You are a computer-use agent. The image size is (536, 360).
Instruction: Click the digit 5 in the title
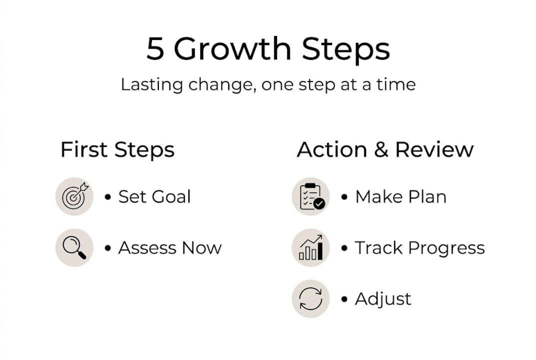pyautogui.click(x=155, y=48)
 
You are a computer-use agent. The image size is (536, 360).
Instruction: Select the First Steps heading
pyautogui.click(x=117, y=150)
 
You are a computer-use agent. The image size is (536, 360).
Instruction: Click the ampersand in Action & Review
pyautogui.click(x=381, y=149)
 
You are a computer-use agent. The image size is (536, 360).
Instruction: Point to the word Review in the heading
pyautogui.click(x=434, y=149)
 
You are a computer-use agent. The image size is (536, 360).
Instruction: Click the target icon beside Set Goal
pyautogui.click(x=74, y=196)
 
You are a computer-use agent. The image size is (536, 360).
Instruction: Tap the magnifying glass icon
pyautogui.click(x=74, y=247)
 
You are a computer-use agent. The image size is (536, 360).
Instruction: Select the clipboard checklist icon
pyautogui.click(x=311, y=196)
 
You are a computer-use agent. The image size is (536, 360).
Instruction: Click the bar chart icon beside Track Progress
pyautogui.click(x=311, y=247)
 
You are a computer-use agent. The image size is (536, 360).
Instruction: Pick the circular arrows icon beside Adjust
pyautogui.click(x=311, y=298)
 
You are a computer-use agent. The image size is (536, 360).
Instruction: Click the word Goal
pyautogui.click(x=171, y=197)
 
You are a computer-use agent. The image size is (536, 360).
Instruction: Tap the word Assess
pyautogui.click(x=147, y=248)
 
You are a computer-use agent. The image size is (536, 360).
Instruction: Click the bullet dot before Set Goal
pyautogui.click(x=108, y=197)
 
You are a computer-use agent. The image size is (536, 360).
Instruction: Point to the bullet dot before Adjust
pyautogui.click(x=344, y=299)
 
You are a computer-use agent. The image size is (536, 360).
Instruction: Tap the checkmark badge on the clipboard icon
pyautogui.click(x=319, y=203)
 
